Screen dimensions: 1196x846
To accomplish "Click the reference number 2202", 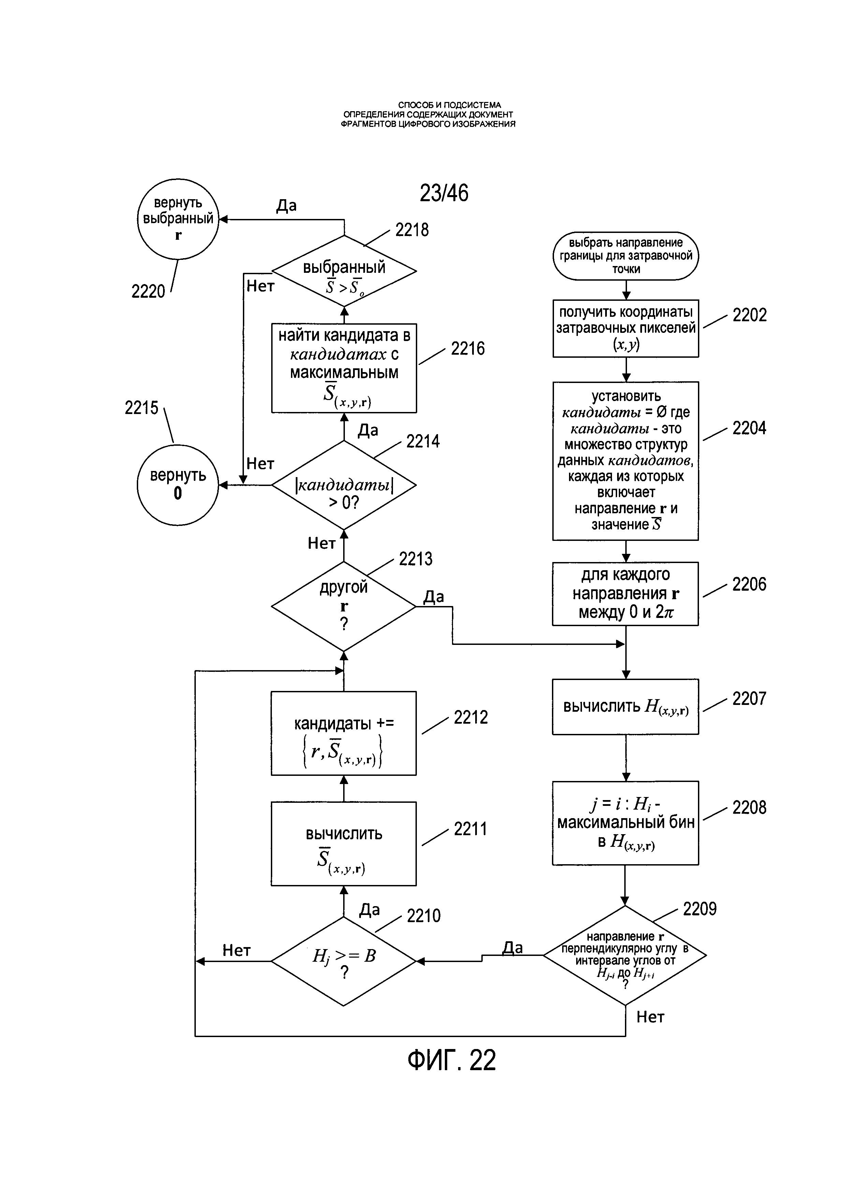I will (749, 315).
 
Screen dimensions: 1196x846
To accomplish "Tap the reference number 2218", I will (411, 230).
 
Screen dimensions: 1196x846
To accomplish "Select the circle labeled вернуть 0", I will (178, 485).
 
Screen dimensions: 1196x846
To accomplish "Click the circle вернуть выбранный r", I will (178, 219).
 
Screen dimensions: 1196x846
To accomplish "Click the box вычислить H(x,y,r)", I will (625, 707).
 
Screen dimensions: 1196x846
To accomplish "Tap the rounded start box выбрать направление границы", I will (625, 256).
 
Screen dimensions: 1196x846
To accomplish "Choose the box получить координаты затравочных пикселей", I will (625, 328).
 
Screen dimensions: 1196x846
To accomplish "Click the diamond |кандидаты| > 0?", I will (344, 485).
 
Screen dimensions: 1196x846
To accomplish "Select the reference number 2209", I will (699, 909).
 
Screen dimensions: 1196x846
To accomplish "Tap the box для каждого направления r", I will (625, 593).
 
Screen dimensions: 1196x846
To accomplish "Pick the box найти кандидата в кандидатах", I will (344, 368).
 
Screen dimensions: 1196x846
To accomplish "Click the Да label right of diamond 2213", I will (434, 596).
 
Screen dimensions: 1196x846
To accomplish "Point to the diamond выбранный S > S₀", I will (344, 271).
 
